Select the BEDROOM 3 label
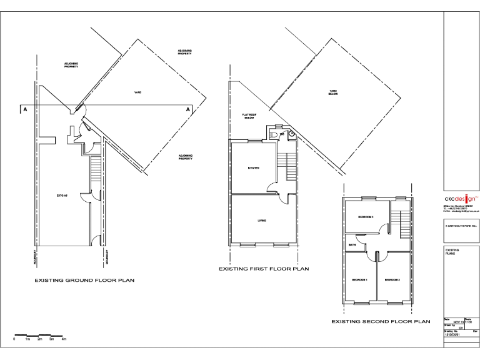pos(366,217)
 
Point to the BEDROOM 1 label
pos(359,279)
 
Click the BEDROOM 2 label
pos(392,279)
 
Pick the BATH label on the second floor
pos(352,244)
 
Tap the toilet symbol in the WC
pos(276,134)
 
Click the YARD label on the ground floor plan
pos(137,92)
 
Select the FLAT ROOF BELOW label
pos(249,116)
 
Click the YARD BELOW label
pos(334,93)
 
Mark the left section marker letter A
pos(25,110)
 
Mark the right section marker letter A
pos(187,110)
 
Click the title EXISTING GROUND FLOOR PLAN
pos(84,281)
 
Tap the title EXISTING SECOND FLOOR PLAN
pos(381,321)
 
